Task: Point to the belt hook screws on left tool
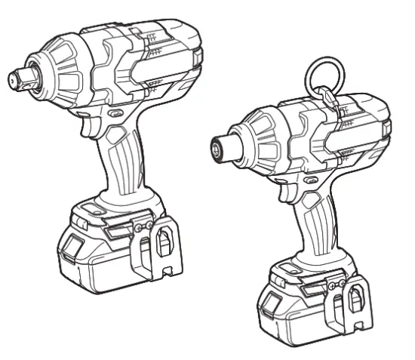(144, 224)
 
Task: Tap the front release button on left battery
(72, 245)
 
